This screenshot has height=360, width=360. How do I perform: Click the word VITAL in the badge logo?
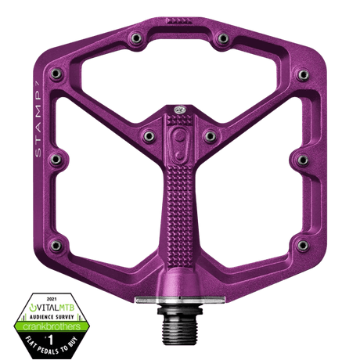point(47,308)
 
